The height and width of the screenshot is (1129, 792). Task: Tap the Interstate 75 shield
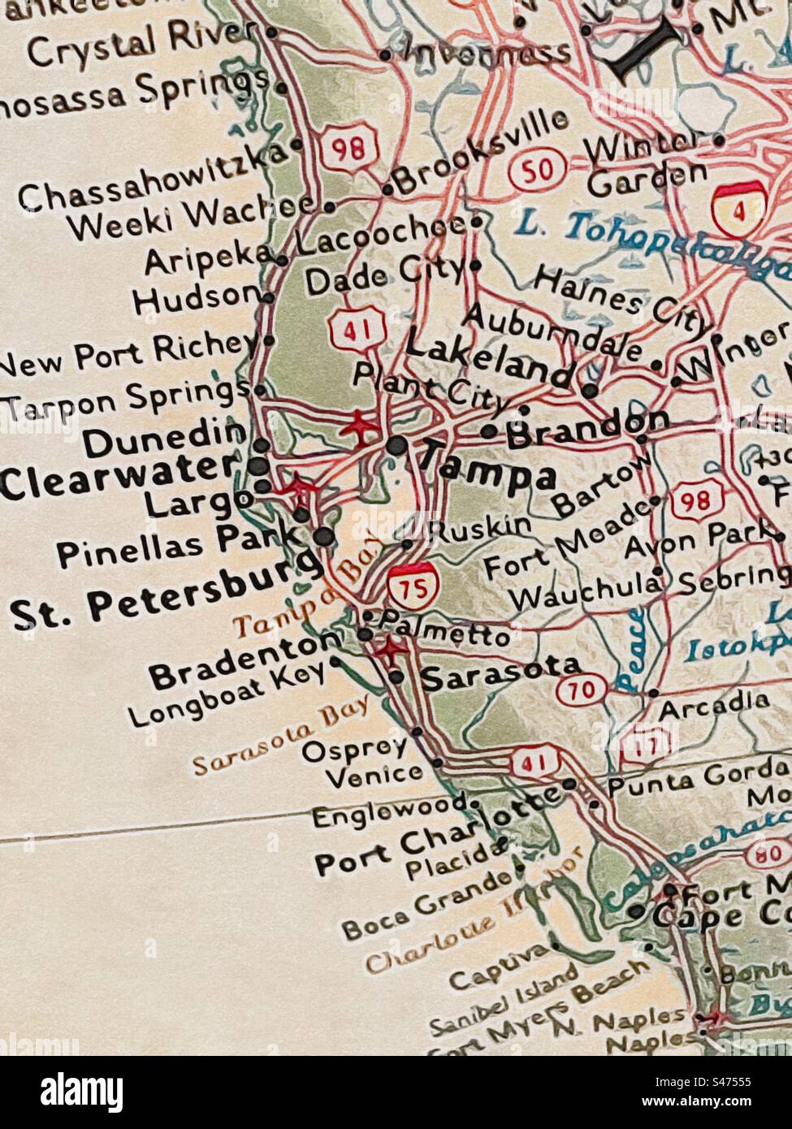[414, 585]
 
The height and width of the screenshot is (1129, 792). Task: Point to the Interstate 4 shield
[735, 206]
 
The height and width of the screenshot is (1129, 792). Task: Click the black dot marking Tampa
[396, 445]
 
